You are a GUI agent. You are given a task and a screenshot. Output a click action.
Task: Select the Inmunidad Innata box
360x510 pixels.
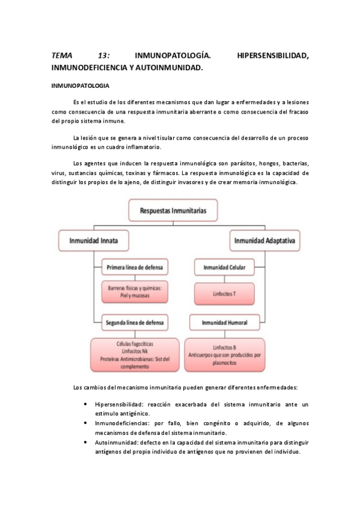point(94,241)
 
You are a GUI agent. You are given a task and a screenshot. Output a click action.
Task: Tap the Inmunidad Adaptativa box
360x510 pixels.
point(266,241)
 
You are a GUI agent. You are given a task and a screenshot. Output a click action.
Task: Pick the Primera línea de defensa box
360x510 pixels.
point(135,266)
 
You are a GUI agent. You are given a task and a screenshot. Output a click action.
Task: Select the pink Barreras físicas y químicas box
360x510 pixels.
point(135,292)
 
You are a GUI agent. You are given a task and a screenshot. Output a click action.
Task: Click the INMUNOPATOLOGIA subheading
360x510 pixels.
point(80,86)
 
